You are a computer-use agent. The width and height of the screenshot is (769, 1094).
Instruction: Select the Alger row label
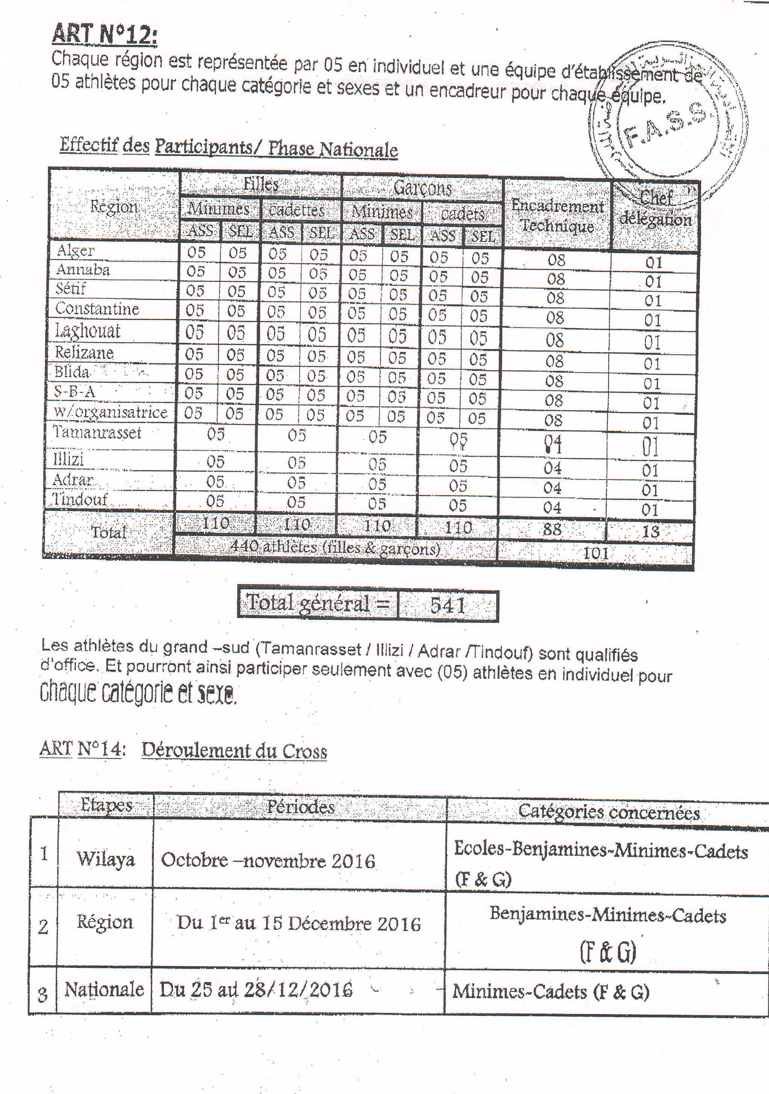(76, 251)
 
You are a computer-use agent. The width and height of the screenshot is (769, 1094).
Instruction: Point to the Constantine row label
(97, 309)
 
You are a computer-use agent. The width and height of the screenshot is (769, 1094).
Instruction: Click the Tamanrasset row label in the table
(97, 433)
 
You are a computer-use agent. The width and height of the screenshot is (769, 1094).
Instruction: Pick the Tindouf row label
(80, 499)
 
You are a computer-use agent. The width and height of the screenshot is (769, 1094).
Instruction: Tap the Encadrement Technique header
(557, 215)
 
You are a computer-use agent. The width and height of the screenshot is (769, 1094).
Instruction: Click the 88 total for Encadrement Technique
(552, 529)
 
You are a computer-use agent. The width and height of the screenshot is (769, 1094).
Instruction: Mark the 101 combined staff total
(596, 553)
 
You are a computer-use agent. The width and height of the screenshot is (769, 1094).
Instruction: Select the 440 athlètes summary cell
(335, 548)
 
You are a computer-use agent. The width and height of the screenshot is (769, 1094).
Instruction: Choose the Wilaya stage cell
(106, 859)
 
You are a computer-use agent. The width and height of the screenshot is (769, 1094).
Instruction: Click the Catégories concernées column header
(609, 811)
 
